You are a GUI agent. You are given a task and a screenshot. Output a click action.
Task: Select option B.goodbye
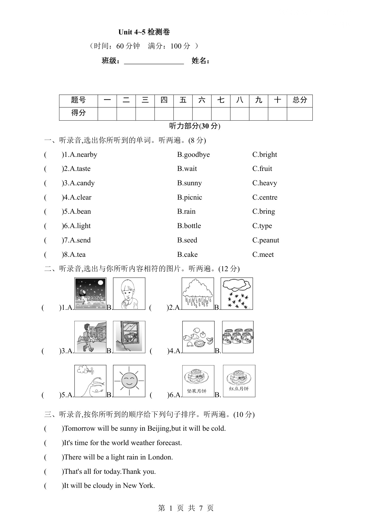[193, 155]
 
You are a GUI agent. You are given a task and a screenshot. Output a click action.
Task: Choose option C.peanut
[266, 240]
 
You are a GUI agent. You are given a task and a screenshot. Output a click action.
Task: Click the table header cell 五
[183, 100]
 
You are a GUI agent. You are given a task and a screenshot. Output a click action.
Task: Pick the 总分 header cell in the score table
[299, 100]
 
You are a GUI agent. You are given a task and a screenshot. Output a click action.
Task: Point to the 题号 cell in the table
[79, 100]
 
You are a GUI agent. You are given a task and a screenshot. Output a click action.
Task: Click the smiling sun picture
[129, 381]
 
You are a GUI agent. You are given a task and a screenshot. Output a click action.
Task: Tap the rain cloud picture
[198, 293]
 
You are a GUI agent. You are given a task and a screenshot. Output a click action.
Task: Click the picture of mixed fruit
[198, 337]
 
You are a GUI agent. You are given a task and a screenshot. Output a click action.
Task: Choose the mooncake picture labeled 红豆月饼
[239, 381]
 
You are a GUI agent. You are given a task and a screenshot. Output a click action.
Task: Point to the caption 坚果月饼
[197, 391]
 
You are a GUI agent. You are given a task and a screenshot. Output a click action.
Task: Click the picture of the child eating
[129, 293]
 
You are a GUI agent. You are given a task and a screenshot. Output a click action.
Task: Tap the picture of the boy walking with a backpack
[90, 337]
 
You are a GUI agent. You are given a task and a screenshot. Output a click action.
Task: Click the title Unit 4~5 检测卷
[144, 32]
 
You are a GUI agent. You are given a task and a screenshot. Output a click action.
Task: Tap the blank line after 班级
[154, 61]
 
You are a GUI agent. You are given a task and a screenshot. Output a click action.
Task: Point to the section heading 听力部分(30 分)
[195, 126]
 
